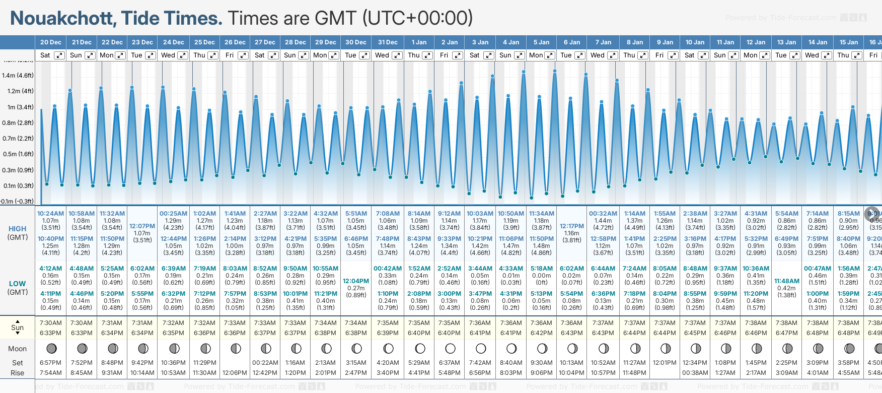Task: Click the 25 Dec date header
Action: coord(204,42)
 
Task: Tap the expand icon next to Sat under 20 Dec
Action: coord(59,55)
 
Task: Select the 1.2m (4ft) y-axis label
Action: coord(18,91)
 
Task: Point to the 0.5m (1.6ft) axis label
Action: coord(18,154)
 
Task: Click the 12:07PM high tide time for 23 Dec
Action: coord(142,226)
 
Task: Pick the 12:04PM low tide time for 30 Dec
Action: coord(356,281)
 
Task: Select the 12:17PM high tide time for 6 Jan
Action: coord(572,226)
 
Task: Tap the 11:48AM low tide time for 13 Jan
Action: coord(786,281)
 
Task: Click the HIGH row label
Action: coord(18,229)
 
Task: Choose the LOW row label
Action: coord(18,284)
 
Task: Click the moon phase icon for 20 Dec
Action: coord(51,348)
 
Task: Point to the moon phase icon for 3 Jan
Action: coord(480,348)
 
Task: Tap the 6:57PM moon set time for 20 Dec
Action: coord(50,363)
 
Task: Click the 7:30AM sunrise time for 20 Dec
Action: coord(50,323)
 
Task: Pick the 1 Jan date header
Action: coord(419,42)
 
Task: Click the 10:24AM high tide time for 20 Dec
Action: coord(50,214)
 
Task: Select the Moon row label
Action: coord(18,349)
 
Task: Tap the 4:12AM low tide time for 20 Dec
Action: coord(50,269)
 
